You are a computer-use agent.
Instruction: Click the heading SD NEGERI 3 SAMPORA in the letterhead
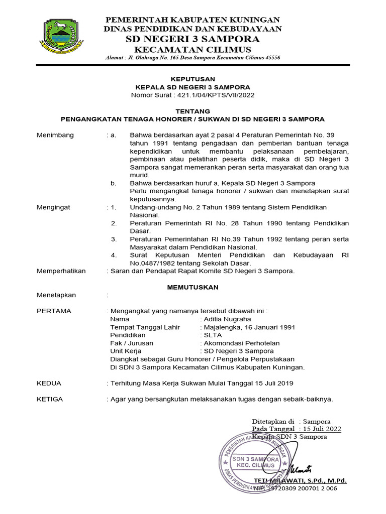pos(193,39)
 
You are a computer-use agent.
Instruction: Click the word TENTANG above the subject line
pos(192,111)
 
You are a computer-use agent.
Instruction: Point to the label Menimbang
pos(55,135)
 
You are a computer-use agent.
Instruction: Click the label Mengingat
pos(54,207)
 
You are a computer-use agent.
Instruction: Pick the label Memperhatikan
pos(61,271)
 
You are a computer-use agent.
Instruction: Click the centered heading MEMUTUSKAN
pos(192,287)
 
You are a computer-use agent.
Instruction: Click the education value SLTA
pos(212,335)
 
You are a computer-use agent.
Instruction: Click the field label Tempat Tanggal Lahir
pos(145,327)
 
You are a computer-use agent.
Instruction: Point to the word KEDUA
pos(49,383)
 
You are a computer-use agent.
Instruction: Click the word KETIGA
pos(50,399)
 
